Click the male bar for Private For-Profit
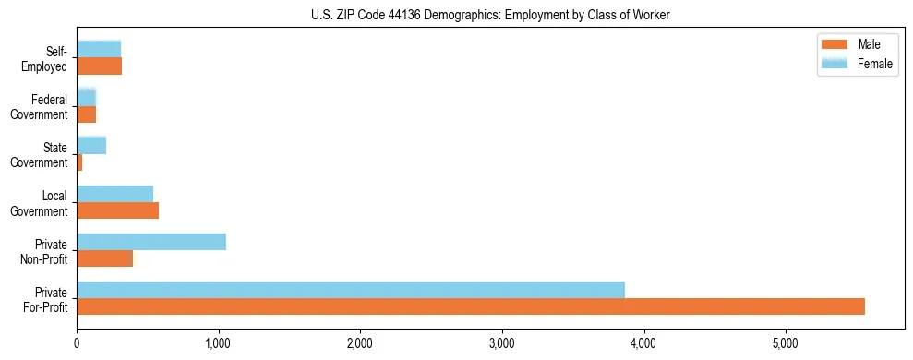[x=471, y=306]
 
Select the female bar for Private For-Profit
[x=351, y=290]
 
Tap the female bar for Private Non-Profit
[x=151, y=242]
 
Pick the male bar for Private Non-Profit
[x=105, y=258]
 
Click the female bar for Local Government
[x=115, y=194]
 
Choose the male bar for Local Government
[x=118, y=210]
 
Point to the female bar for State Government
[x=91, y=145]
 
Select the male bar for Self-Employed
[x=100, y=66]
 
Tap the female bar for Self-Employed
[x=99, y=49]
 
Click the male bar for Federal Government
[x=87, y=114]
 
